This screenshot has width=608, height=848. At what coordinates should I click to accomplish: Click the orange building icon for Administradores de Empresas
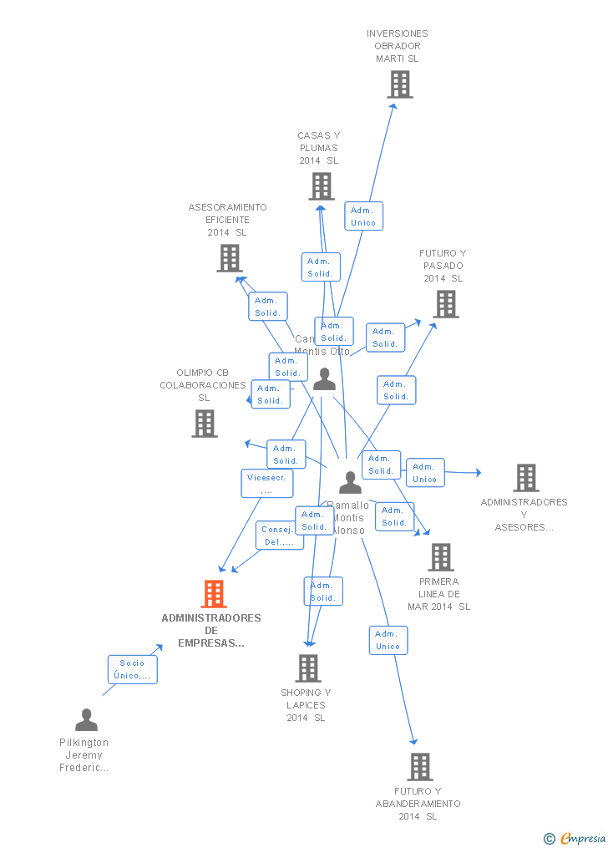[214, 594]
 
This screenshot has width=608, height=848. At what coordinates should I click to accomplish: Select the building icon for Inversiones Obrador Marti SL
[400, 84]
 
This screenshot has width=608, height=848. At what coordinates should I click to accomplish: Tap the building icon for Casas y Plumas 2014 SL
[322, 186]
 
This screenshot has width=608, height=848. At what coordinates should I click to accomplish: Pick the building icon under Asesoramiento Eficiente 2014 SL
[230, 258]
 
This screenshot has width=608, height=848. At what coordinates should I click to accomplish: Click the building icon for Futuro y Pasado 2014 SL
[447, 304]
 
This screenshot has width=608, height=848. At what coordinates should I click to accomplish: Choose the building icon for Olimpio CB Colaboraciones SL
[205, 424]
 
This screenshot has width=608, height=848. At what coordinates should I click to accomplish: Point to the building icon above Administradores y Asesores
[526, 478]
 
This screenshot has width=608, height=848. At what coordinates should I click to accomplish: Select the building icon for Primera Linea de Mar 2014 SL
[441, 557]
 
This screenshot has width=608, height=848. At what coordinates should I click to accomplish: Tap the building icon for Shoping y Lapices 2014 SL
[308, 668]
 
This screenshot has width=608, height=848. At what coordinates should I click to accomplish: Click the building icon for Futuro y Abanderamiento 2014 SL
[420, 767]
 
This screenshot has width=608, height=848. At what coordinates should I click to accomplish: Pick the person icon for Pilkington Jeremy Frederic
[86, 720]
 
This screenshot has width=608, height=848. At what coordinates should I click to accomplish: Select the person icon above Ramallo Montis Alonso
[351, 483]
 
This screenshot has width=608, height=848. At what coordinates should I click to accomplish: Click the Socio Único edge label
[132, 669]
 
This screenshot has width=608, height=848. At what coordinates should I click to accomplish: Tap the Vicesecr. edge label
[266, 484]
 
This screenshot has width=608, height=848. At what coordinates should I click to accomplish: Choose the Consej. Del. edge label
[279, 536]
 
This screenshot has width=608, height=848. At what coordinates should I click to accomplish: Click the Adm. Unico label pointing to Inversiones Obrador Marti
[363, 216]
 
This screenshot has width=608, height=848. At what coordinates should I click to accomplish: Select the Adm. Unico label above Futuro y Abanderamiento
[388, 640]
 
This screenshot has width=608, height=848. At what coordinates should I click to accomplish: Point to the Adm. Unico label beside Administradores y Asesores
[425, 473]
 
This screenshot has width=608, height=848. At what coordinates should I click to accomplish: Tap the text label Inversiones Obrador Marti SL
[398, 46]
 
